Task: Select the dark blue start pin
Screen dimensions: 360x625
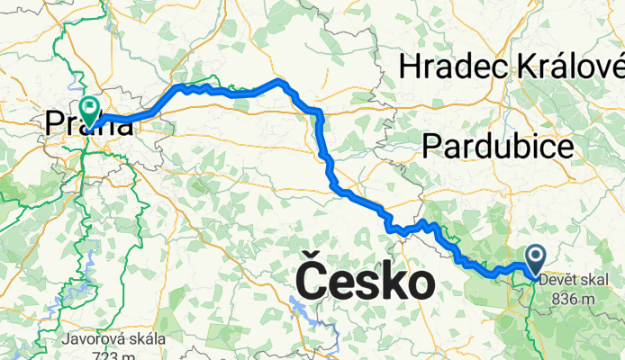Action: point(534,260)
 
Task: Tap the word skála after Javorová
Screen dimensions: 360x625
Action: point(144,339)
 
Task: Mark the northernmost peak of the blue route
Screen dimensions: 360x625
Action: point(281,82)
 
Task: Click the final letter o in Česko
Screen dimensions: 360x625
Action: point(421,284)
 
